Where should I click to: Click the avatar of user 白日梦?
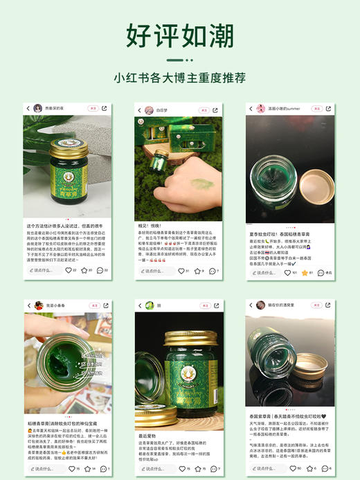(147, 109)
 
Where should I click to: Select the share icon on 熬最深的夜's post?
(105, 109)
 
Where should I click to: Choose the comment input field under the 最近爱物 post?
(155, 468)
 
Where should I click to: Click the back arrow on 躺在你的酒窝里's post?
(251, 304)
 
